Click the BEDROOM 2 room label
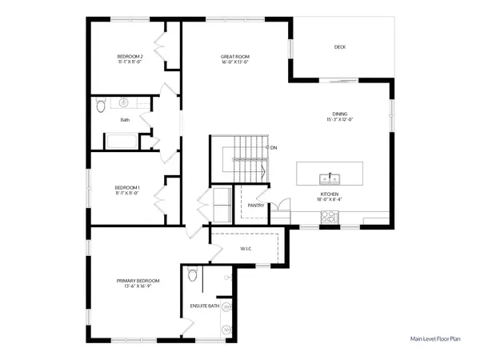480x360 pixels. pyautogui.click(x=129, y=56)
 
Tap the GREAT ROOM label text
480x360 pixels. pyautogui.click(x=235, y=56)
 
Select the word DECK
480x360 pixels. pyautogui.click(x=340, y=47)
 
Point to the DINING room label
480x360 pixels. pyautogui.click(x=339, y=114)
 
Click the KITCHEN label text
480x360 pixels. pyautogui.click(x=330, y=194)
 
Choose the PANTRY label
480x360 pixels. pyautogui.click(x=256, y=206)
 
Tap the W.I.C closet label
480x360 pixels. pyautogui.click(x=246, y=249)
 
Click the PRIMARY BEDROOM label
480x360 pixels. pyautogui.click(x=138, y=281)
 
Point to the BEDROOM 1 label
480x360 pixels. pyautogui.click(x=128, y=187)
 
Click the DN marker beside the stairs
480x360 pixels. pyautogui.click(x=273, y=148)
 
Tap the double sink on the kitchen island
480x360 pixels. pyautogui.click(x=329, y=178)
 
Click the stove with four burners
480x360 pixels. pyautogui.click(x=329, y=216)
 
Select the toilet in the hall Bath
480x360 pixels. pyautogui.click(x=100, y=105)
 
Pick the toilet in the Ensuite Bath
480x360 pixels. pyautogui.click(x=192, y=277)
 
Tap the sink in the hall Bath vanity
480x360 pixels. pyautogui.click(x=125, y=103)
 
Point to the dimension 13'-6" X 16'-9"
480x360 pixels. pyautogui.click(x=138, y=286)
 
